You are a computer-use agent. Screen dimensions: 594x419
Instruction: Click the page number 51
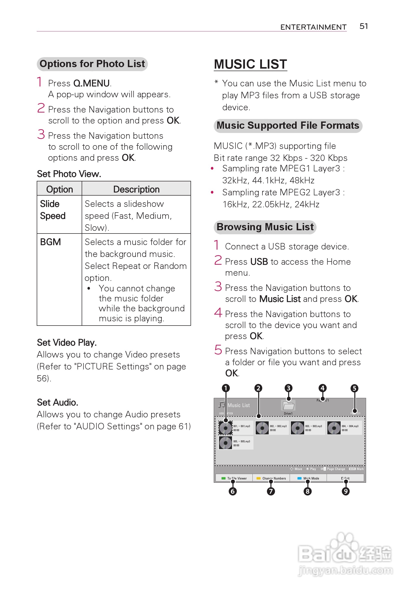point(363,26)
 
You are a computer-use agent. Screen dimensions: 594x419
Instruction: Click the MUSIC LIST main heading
point(250,64)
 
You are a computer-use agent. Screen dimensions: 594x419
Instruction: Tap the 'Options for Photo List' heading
point(92,64)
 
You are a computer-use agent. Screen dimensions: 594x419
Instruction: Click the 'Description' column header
point(136,189)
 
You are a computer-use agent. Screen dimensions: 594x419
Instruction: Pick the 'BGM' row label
point(50,242)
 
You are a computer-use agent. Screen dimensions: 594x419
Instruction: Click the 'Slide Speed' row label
point(53,210)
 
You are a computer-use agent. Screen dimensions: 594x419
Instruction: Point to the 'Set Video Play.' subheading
point(67,343)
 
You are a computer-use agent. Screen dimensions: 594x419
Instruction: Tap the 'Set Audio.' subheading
point(57,402)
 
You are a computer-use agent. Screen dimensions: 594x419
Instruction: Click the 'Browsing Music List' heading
point(265,227)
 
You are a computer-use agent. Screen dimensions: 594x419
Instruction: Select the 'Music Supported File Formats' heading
point(288,125)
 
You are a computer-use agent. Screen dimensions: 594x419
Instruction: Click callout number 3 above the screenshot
point(288,388)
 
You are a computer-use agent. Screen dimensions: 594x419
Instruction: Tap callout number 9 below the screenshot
point(345,491)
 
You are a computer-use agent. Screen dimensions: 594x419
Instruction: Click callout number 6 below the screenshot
point(232,491)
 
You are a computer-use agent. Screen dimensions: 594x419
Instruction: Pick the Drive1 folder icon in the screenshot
point(288,405)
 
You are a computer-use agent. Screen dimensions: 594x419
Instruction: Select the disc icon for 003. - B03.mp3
point(297,428)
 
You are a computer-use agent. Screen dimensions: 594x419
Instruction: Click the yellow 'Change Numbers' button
point(271,478)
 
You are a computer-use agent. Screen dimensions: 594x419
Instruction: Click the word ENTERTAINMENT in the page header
point(313,27)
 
